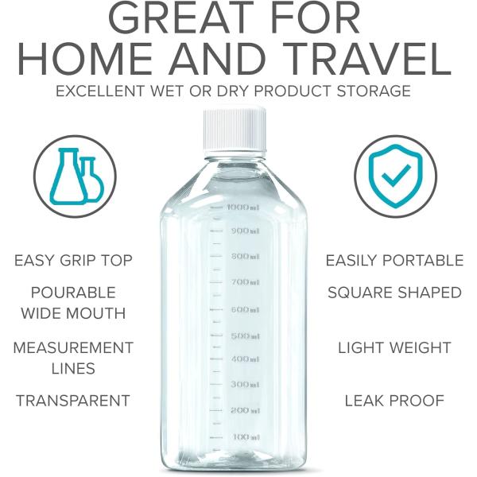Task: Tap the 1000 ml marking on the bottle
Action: coord(242,207)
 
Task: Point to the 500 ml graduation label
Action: coord(244,335)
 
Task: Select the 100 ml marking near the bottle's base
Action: coord(246,436)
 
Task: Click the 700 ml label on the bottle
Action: coord(244,282)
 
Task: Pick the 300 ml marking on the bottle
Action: coord(244,384)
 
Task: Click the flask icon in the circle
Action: coord(76,176)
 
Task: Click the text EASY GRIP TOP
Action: coord(73,261)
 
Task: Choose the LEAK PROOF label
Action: coord(394,401)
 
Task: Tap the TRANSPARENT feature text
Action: coord(73,401)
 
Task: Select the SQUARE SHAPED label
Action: coord(394,293)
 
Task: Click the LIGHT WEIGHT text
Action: coord(394,347)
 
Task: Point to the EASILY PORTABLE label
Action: coord(394,261)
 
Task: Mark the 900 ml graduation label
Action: coord(244,231)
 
